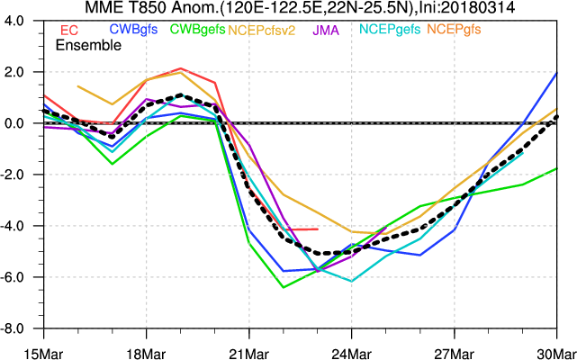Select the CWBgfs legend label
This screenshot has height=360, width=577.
[x=133, y=29]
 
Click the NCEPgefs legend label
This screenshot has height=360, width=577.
[x=389, y=30]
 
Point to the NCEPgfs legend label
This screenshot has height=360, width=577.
[x=456, y=30]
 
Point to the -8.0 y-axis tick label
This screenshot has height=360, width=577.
[x=21, y=328]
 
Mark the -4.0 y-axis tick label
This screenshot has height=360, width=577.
[x=21, y=226]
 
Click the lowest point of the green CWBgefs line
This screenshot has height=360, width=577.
[x=284, y=287]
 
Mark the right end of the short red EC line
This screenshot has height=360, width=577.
[x=317, y=229]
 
